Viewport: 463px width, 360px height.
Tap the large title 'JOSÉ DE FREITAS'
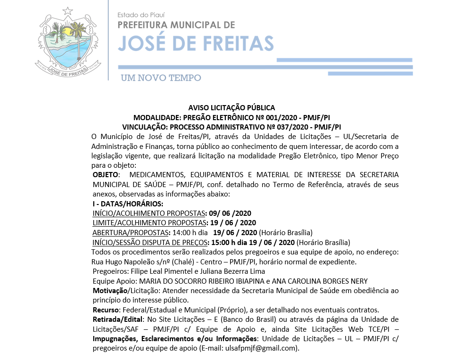click(196, 42)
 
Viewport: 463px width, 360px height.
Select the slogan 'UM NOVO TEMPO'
click(161, 78)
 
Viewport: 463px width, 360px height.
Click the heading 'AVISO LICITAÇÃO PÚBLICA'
click(231, 108)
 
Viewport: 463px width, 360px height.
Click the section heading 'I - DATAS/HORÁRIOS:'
click(128, 204)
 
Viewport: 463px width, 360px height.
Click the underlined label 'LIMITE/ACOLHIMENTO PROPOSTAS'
click(149, 223)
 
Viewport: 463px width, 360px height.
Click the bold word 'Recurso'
click(106, 310)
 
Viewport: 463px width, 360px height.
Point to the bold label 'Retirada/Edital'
click(117, 319)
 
